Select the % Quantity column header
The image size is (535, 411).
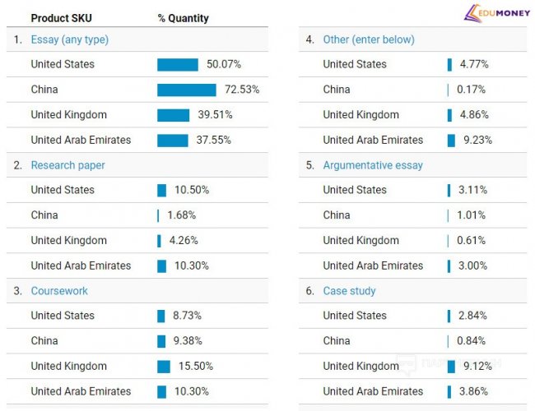point(183,18)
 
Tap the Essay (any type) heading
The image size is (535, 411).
point(69,39)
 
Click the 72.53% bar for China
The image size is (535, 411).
point(187,90)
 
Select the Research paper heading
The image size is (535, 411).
point(67,165)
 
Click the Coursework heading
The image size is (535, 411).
point(59,291)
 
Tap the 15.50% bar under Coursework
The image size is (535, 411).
point(164,367)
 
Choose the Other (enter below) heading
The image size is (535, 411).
point(369,39)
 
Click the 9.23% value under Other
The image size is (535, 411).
point(477,141)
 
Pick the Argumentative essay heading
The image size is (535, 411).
point(373,165)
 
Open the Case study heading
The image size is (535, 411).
point(349,291)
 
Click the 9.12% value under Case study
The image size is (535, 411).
point(477,367)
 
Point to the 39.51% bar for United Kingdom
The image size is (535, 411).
point(174,115)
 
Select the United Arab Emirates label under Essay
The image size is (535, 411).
point(81,141)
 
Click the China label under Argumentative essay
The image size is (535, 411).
point(337,215)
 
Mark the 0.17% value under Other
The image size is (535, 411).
point(472,90)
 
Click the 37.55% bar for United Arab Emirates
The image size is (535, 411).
point(173,141)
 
